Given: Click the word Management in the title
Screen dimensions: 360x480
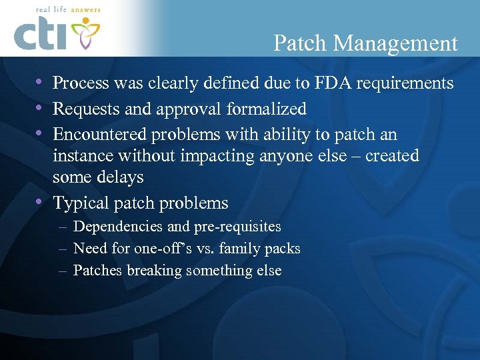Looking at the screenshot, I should point(396,44).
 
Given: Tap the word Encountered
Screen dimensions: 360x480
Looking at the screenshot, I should point(99,134).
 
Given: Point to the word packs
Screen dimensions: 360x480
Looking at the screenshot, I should point(283,249).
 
